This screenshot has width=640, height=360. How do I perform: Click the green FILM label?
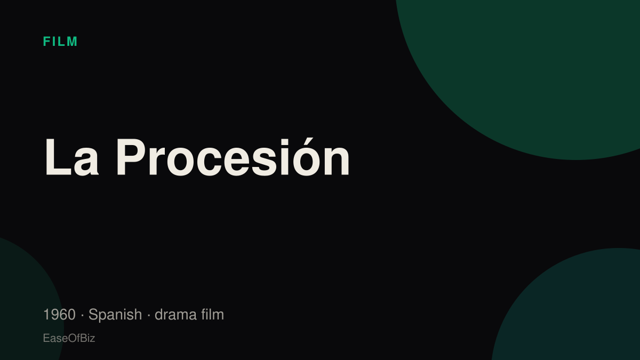60,42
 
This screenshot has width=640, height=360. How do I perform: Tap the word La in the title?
71,157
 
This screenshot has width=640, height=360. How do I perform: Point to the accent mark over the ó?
309,141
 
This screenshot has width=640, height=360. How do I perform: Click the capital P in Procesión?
130,157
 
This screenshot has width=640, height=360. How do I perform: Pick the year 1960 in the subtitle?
59,315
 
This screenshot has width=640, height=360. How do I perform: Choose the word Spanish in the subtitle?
115,315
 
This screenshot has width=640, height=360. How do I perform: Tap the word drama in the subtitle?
175,315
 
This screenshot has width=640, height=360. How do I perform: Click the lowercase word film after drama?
213,314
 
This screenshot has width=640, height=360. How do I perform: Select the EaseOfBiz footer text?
69,338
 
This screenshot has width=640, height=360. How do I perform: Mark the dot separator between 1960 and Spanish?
82,315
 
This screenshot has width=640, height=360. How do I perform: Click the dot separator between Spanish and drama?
149,315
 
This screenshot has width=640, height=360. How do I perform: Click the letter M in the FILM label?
72,42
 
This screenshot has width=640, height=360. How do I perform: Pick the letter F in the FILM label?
46,42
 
